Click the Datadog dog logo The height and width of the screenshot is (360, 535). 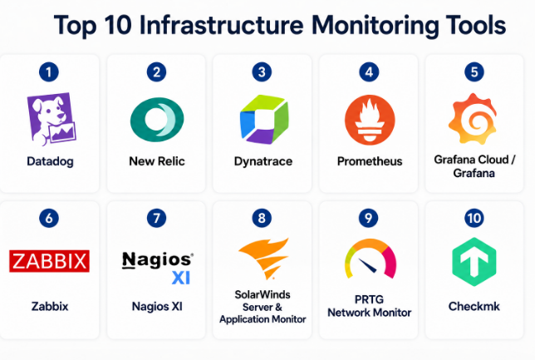click(x=52, y=119)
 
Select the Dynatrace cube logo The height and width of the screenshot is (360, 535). click(x=264, y=119)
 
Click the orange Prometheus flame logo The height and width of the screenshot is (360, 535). click(x=370, y=120)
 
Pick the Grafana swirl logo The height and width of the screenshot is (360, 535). click(x=473, y=118)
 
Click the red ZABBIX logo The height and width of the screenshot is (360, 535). click(x=50, y=261)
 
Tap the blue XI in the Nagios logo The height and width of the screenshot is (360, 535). click(x=181, y=278)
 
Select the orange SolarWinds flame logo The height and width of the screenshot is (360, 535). click(x=263, y=259)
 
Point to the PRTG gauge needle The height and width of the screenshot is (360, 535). click(x=367, y=265)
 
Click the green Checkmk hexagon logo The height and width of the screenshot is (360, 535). click(x=474, y=262)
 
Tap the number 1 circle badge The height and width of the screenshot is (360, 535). click(x=49, y=72)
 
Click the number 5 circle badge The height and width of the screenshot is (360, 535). click(x=474, y=72)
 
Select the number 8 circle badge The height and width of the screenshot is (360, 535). click(x=262, y=218)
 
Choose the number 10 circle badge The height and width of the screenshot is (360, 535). click(x=474, y=218)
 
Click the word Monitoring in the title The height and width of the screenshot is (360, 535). click(x=375, y=26)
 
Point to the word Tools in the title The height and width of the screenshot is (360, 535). click(x=476, y=25)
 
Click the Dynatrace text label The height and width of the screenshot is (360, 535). click(x=263, y=162)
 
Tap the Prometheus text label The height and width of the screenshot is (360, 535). click(x=370, y=161)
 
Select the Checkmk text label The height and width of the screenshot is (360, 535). click(x=474, y=307)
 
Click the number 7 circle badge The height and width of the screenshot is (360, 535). click(x=157, y=218)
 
